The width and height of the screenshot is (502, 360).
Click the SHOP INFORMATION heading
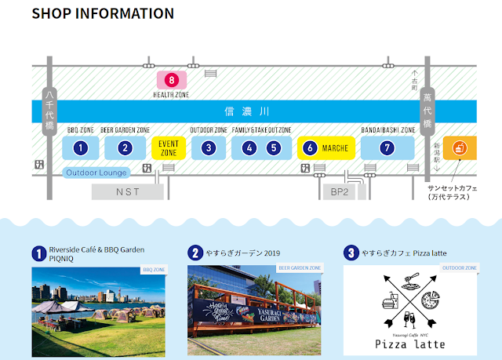coord(103,14)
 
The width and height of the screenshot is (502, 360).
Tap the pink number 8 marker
coord(172,79)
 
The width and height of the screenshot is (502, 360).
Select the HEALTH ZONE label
coord(172,94)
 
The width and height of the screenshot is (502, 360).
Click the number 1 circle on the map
coord(80,147)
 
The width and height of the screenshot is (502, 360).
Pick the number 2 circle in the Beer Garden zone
coord(125,147)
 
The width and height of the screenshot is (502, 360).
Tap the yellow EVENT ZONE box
coord(169,148)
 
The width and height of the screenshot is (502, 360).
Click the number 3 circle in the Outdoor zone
coord(208,147)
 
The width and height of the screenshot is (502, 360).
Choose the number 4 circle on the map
coord(249,147)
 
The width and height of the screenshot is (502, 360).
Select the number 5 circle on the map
coord(273,147)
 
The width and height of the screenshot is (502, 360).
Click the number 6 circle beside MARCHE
coord(311,147)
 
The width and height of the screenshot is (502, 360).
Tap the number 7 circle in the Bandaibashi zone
coord(386,147)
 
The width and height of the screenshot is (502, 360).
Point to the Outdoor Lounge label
coord(96,173)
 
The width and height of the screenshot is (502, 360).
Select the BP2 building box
coord(338,191)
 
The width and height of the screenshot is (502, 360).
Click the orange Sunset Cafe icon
coord(460,147)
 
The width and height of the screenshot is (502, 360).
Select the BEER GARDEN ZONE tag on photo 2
coord(300,268)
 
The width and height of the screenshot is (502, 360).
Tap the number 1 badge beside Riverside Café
coord(38,253)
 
